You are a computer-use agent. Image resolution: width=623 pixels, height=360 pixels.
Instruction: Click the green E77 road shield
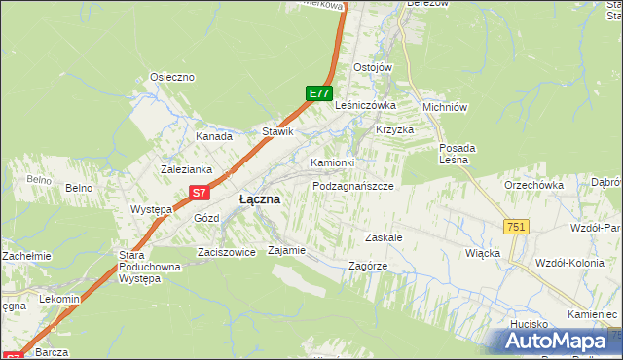click(318, 93)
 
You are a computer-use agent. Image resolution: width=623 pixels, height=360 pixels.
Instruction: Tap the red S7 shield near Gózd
click(200, 193)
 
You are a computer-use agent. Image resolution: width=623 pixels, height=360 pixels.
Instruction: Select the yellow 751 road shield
click(516, 226)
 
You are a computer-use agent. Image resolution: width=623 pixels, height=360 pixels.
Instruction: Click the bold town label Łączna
click(260, 199)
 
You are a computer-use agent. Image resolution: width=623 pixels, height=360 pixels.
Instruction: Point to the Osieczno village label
click(172, 77)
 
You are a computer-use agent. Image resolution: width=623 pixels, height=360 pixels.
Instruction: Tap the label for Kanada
click(213, 137)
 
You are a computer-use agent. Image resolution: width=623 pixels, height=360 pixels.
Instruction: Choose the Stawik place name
click(277, 131)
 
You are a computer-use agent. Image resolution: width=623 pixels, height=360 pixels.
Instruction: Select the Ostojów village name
click(372, 67)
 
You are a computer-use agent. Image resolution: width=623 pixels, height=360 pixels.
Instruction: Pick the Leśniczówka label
click(365, 105)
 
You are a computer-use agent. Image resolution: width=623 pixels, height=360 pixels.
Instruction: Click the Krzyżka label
click(395, 130)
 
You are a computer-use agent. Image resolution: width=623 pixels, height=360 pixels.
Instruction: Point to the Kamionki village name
click(332, 162)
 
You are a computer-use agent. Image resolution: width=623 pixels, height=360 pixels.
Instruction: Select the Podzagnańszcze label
click(352, 185)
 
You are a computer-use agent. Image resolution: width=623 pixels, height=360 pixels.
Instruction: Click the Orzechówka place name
click(534, 184)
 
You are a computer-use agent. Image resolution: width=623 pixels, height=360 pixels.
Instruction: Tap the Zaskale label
click(384, 237)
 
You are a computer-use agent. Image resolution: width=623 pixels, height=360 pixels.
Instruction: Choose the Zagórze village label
click(368, 265)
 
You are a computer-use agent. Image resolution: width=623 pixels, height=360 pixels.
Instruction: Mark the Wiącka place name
click(483, 253)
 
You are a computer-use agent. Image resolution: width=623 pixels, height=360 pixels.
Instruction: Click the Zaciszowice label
click(226, 251)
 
